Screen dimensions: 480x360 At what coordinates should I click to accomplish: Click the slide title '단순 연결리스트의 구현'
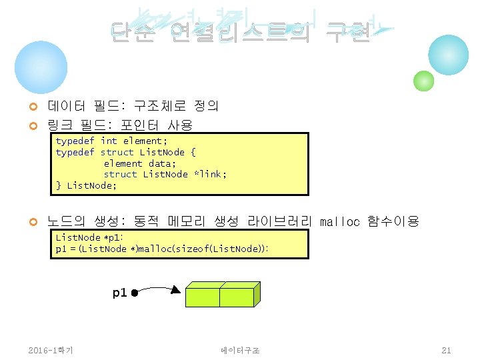pyautogui.click(x=240, y=31)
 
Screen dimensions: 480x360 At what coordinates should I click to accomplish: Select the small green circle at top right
pyautogui.click(x=423, y=81)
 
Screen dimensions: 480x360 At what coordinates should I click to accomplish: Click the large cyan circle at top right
pyautogui.click(x=448, y=55)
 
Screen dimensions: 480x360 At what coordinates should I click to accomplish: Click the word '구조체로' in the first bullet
pyautogui.click(x=160, y=106)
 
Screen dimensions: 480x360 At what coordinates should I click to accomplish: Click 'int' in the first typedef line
pyautogui.click(x=109, y=141)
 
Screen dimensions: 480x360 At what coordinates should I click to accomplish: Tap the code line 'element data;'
pyautogui.click(x=140, y=163)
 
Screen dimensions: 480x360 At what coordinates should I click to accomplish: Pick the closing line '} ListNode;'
pyautogui.click(x=86, y=185)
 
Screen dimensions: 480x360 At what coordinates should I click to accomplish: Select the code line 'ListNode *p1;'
pyautogui.click(x=90, y=238)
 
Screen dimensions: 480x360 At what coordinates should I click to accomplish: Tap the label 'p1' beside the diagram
pyautogui.click(x=119, y=293)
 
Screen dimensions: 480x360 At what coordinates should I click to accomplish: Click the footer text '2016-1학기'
pyautogui.click(x=51, y=350)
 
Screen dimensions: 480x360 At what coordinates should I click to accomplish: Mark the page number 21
pyautogui.click(x=446, y=350)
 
